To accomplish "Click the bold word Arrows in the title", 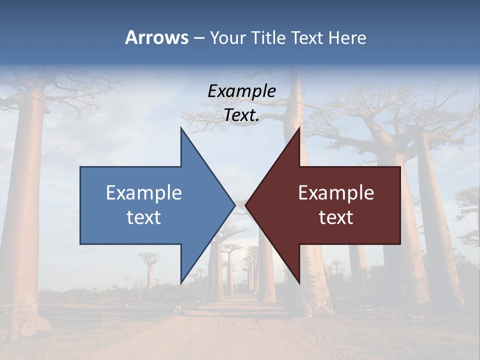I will [x=156, y=37].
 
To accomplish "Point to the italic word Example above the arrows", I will [x=241, y=91].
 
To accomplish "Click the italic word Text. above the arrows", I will [x=241, y=115].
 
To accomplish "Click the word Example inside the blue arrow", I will [x=144, y=193].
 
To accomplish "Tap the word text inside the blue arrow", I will [x=144, y=217].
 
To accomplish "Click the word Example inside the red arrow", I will [x=336, y=193].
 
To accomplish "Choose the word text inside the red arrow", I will [x=336, y=217].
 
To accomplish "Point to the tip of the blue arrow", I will [x=234, y=204].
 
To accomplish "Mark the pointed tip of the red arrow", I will [x=246, y=204].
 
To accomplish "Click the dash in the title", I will [x=198, y=38].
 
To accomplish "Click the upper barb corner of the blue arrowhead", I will [x=181, y=128].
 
